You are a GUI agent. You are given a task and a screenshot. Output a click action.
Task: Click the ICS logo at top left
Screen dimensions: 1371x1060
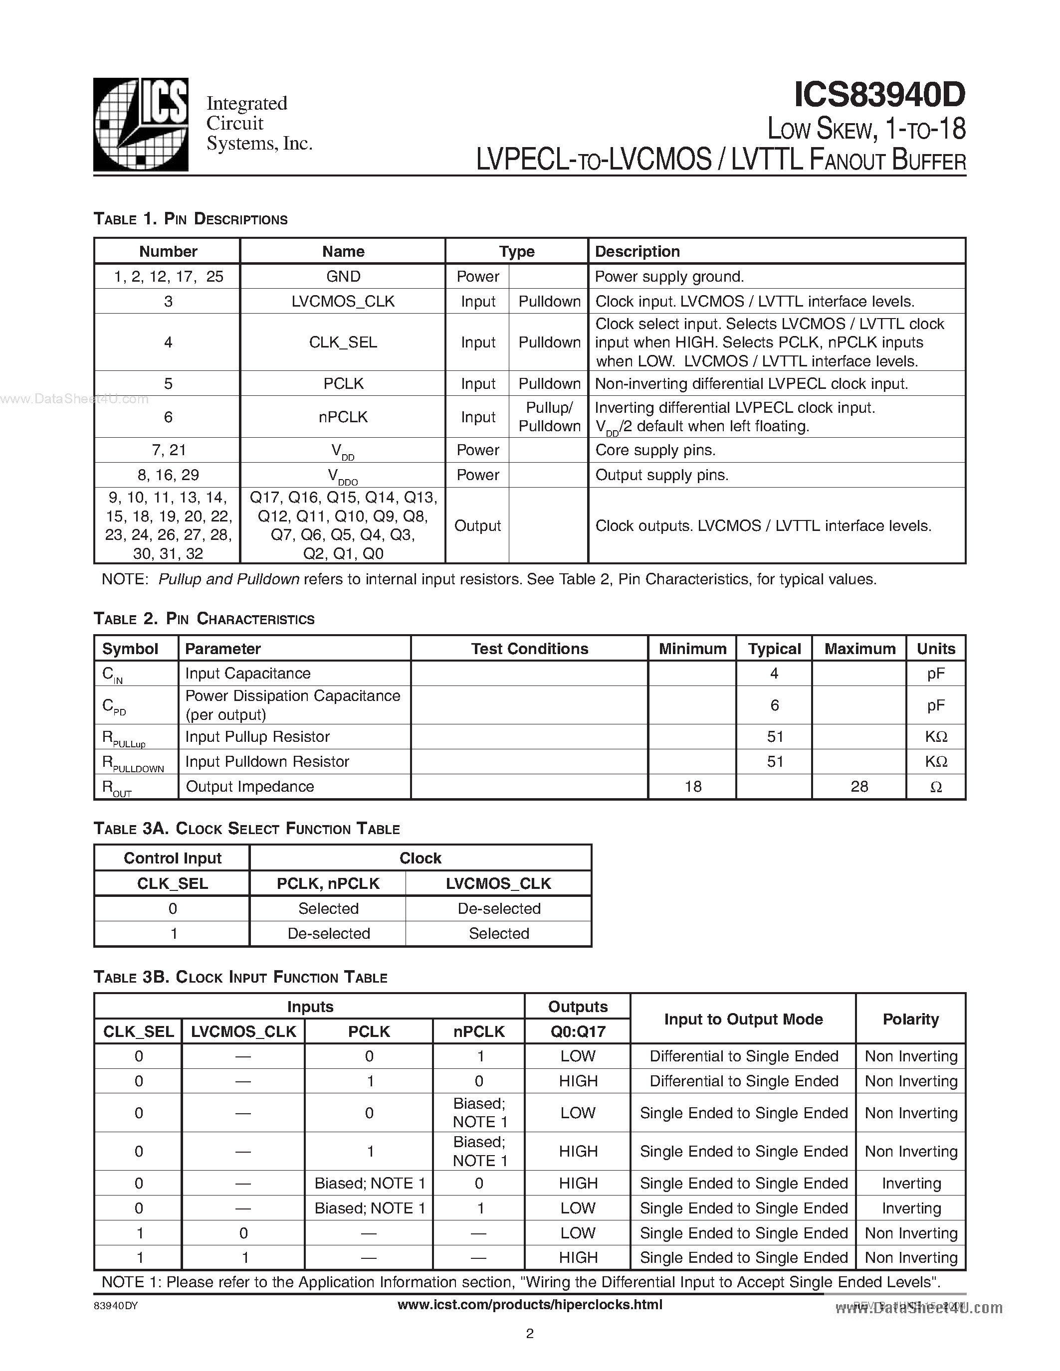pos(141,124)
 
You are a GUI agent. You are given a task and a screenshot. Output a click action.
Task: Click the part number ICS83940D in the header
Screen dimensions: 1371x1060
pos(879,95)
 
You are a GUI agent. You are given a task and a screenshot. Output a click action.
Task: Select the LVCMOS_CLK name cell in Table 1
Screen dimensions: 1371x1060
pos(343,301)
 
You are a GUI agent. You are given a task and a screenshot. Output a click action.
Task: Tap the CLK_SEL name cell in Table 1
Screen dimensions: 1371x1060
pos(343,342)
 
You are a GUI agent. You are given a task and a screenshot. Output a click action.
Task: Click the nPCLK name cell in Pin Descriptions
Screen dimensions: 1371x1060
pos(343,417)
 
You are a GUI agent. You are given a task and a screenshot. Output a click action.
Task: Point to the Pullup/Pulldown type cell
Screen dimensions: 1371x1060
pos(549,417)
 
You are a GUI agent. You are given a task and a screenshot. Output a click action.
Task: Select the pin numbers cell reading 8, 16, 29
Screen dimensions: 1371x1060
pos(168,475)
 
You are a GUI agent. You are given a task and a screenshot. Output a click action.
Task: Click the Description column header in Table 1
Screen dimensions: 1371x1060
pos(637,251)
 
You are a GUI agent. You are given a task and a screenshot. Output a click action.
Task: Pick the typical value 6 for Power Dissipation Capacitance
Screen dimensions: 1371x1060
pos(774,705)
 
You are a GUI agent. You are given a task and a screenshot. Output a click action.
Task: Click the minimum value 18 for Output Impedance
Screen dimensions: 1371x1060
pos(693,787)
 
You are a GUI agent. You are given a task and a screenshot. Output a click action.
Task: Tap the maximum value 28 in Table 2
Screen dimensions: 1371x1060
pos(859,787)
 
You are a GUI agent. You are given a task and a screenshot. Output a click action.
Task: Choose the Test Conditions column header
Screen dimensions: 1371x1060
pos(529,649)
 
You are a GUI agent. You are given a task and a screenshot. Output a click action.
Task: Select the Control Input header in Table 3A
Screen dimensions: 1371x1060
pos(173,858)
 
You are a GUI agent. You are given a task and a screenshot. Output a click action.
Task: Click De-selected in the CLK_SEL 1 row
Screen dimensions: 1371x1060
pos(328,933)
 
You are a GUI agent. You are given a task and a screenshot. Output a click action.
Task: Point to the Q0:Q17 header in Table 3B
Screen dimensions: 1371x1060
pos(578,1031)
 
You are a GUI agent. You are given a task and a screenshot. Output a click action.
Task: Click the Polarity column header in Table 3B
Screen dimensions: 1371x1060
pos(910,1019)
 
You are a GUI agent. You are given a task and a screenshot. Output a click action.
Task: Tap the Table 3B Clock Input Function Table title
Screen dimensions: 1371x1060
pos(240,978)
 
